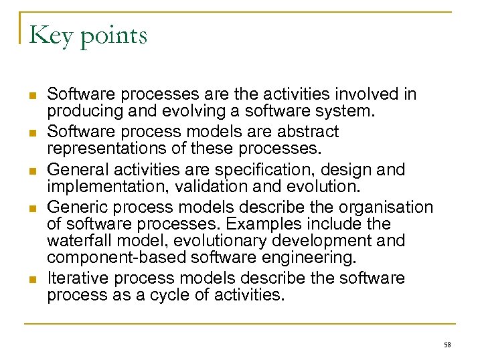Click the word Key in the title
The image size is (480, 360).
click(x=51, y=35)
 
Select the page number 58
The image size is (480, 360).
click(x=447, y=345)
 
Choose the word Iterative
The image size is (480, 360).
click(x=76, y=278)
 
